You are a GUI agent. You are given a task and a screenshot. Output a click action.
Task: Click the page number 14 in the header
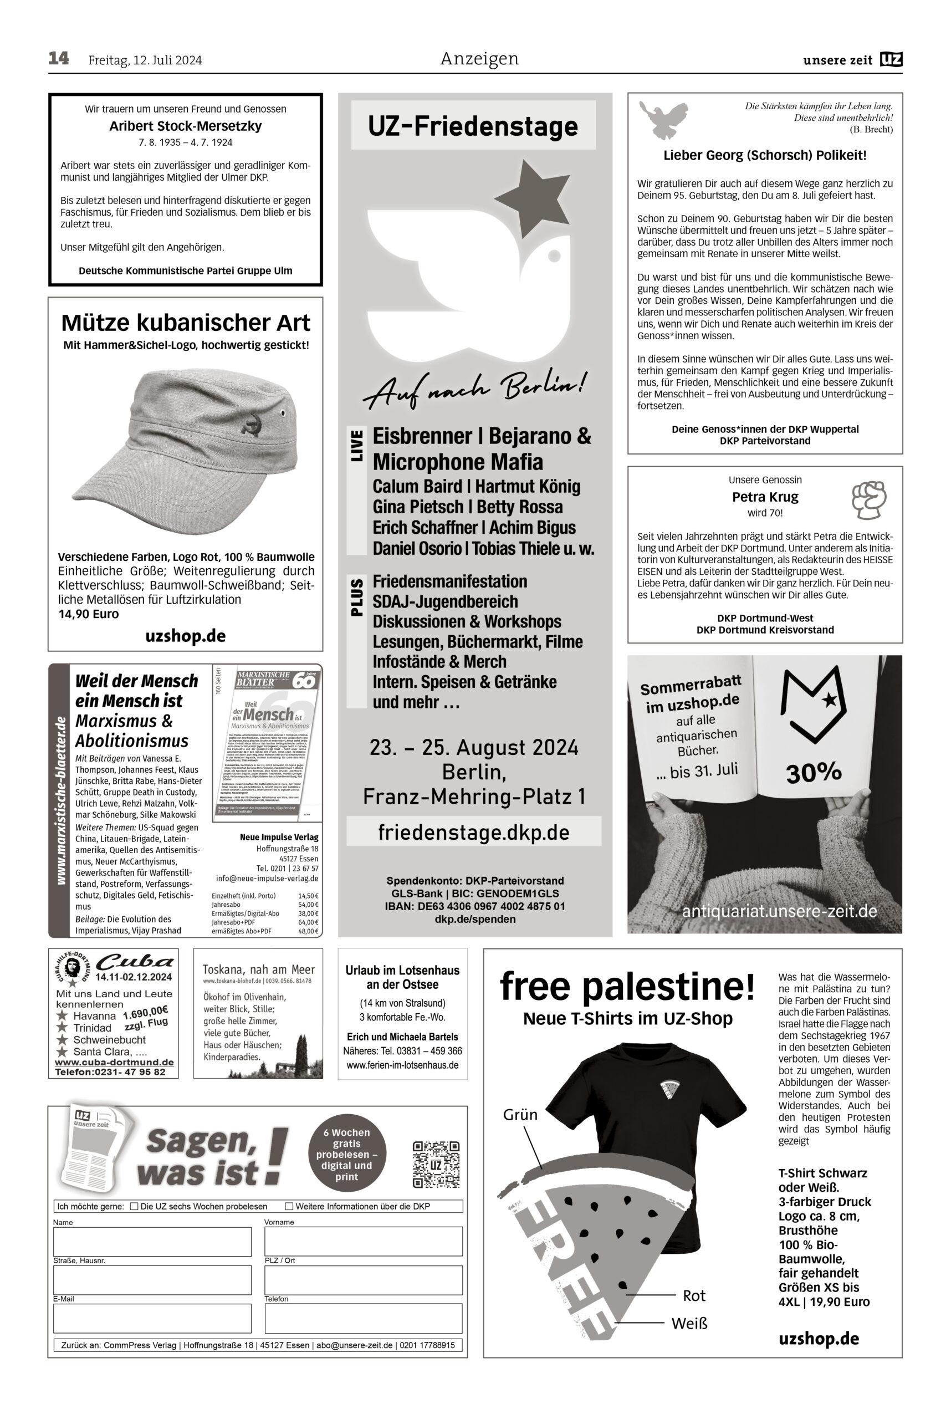[x=59, y=59]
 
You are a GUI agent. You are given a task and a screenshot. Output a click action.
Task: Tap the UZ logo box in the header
[x=892, y=59]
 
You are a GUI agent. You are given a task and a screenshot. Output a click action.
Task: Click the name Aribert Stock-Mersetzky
[x=186, y=126]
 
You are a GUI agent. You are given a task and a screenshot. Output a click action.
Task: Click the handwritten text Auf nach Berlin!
[x=474, y=390]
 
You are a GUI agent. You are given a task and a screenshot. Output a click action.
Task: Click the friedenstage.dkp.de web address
[x=474, y=833]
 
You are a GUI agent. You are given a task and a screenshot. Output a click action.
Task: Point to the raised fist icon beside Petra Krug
[x=868, y=499]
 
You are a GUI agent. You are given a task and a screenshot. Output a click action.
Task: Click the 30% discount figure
[x=814, y=773]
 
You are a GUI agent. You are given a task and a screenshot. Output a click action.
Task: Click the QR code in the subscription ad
[x=436, y=1163]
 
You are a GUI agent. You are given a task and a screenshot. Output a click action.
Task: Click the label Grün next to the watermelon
[x=520, y=1115]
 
